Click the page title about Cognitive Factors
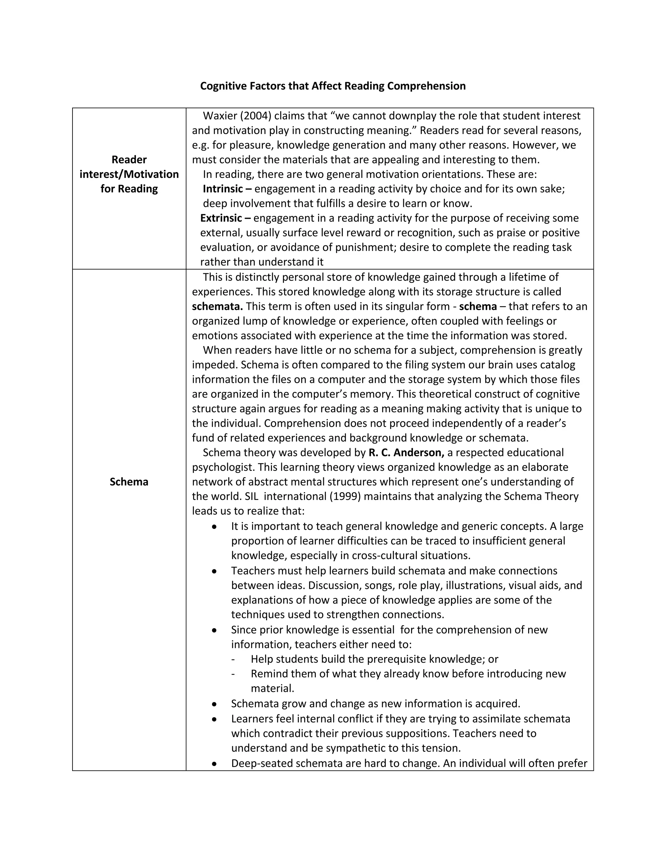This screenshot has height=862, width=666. click(x=333, y=86)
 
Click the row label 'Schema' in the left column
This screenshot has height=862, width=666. click(x=129, y=482)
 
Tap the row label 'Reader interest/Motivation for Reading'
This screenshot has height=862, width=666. click(x=129, y=174)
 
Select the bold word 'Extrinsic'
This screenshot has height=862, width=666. click(x=221, y=218)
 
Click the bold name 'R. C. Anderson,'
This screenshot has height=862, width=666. click(x=406, y=453)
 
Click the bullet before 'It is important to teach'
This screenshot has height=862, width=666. click(x=214, y=527)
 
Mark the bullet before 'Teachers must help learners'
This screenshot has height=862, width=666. click(x=214, y=571)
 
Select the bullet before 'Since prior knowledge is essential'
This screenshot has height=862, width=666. click(x=214, y=630)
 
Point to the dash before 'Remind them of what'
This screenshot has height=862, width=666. click(x=233, y=674)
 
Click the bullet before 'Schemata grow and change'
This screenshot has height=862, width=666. click(x=214, y=704)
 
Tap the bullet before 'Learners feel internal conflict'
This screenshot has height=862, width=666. click(x=214, y=719)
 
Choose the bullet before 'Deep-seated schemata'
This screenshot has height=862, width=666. click(x=214, y=764)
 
